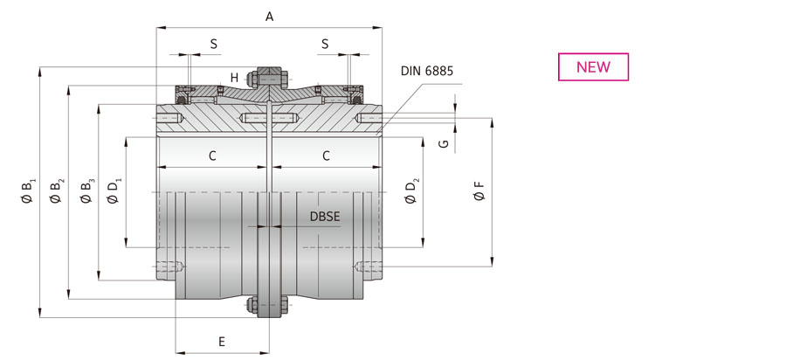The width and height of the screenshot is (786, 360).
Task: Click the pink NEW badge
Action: (x=593, y=66)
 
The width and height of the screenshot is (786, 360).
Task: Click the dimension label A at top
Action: (x=269, y=17)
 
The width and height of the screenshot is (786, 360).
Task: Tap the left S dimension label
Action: (x=214, y=44)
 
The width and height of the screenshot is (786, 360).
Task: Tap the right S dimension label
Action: (x=325, y=44)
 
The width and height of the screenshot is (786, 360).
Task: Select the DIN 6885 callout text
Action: (x=426, y=71)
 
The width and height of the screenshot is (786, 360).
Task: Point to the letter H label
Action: (x=234, y=78)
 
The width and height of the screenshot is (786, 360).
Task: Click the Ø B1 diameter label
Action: (x=29, y=191)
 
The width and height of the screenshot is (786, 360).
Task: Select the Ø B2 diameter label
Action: (x=57, y=191)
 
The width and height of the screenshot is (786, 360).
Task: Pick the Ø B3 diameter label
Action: (x=87, y=191)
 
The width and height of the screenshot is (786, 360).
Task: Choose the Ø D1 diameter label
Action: (x=114, y=191)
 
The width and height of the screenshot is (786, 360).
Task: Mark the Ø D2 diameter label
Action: (x=412, y=191)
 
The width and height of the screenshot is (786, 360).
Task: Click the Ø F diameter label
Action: (x=479, y=191)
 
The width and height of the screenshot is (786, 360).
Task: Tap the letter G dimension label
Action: (x=443, y=144)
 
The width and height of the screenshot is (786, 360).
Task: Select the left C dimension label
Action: (x=212, y=156)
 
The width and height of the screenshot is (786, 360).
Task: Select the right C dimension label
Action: (x=327, y=156)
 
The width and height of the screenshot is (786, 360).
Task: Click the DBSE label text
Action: (x=325, y=217)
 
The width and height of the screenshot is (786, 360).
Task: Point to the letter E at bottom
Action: (x=222, y=342)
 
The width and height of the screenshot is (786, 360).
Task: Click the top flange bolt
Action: (x=269, y=78)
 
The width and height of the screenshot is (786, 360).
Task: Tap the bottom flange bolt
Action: (x=269, y=305)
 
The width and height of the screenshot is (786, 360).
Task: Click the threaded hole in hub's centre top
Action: (x=270, y=119)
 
